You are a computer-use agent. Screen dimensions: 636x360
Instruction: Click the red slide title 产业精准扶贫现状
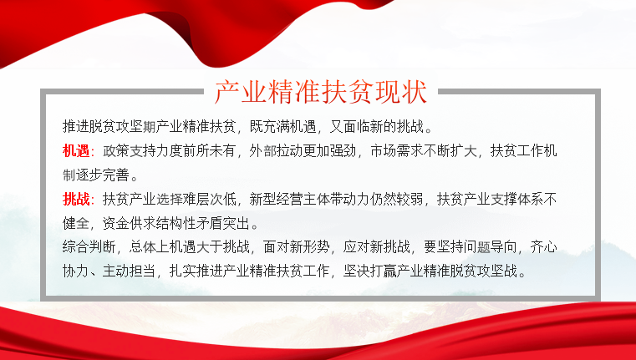click(x=320, y=93)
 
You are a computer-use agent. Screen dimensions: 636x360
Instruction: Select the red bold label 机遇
click(x=76, y=151)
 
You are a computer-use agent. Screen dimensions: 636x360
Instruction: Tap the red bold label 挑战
click(x=76, y=199)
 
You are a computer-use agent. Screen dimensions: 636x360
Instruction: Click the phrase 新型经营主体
click(x=289, y=199)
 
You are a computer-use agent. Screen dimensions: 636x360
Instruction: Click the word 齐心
click(x=544, y=246)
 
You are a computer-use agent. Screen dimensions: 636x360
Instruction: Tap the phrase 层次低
click(x=216, y=199)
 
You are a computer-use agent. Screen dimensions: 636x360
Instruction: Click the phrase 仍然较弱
click(x=396, y=199)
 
